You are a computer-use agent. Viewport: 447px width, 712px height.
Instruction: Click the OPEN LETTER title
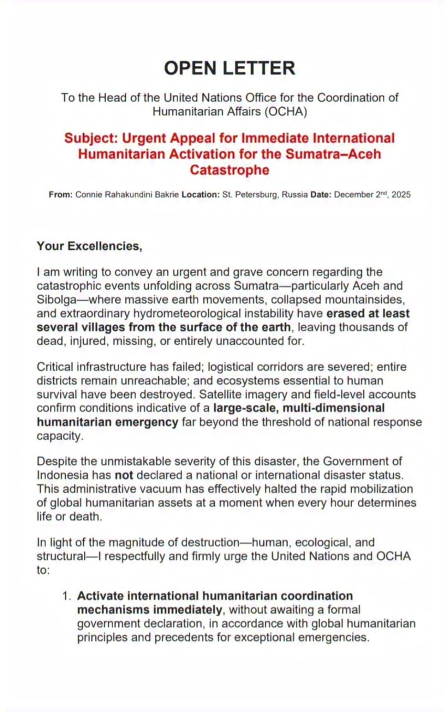230,68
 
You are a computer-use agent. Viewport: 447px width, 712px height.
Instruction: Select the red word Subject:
91,138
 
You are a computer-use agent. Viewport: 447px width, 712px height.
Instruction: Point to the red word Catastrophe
230,170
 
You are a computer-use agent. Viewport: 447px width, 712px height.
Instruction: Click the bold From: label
60,194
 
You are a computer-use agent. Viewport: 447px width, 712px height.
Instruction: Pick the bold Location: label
201,194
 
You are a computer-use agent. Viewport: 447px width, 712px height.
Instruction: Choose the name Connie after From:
89,194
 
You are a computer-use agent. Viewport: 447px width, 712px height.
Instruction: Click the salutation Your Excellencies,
89,246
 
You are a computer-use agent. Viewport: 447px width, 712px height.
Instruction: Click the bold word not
124,475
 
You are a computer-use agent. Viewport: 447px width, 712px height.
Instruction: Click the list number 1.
67,596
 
